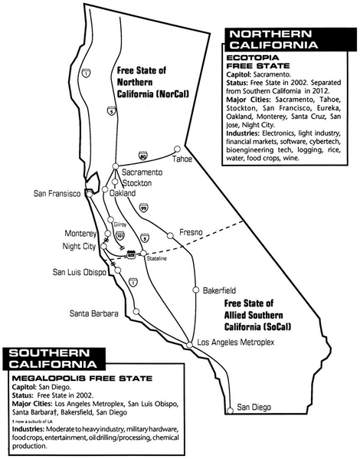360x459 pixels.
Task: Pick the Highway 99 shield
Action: (x=143, y=207)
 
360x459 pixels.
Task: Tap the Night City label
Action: (x=77, y=247)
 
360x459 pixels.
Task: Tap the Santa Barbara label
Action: (x=93, y=313)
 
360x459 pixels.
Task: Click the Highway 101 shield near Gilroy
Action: (x=119, y=235)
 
